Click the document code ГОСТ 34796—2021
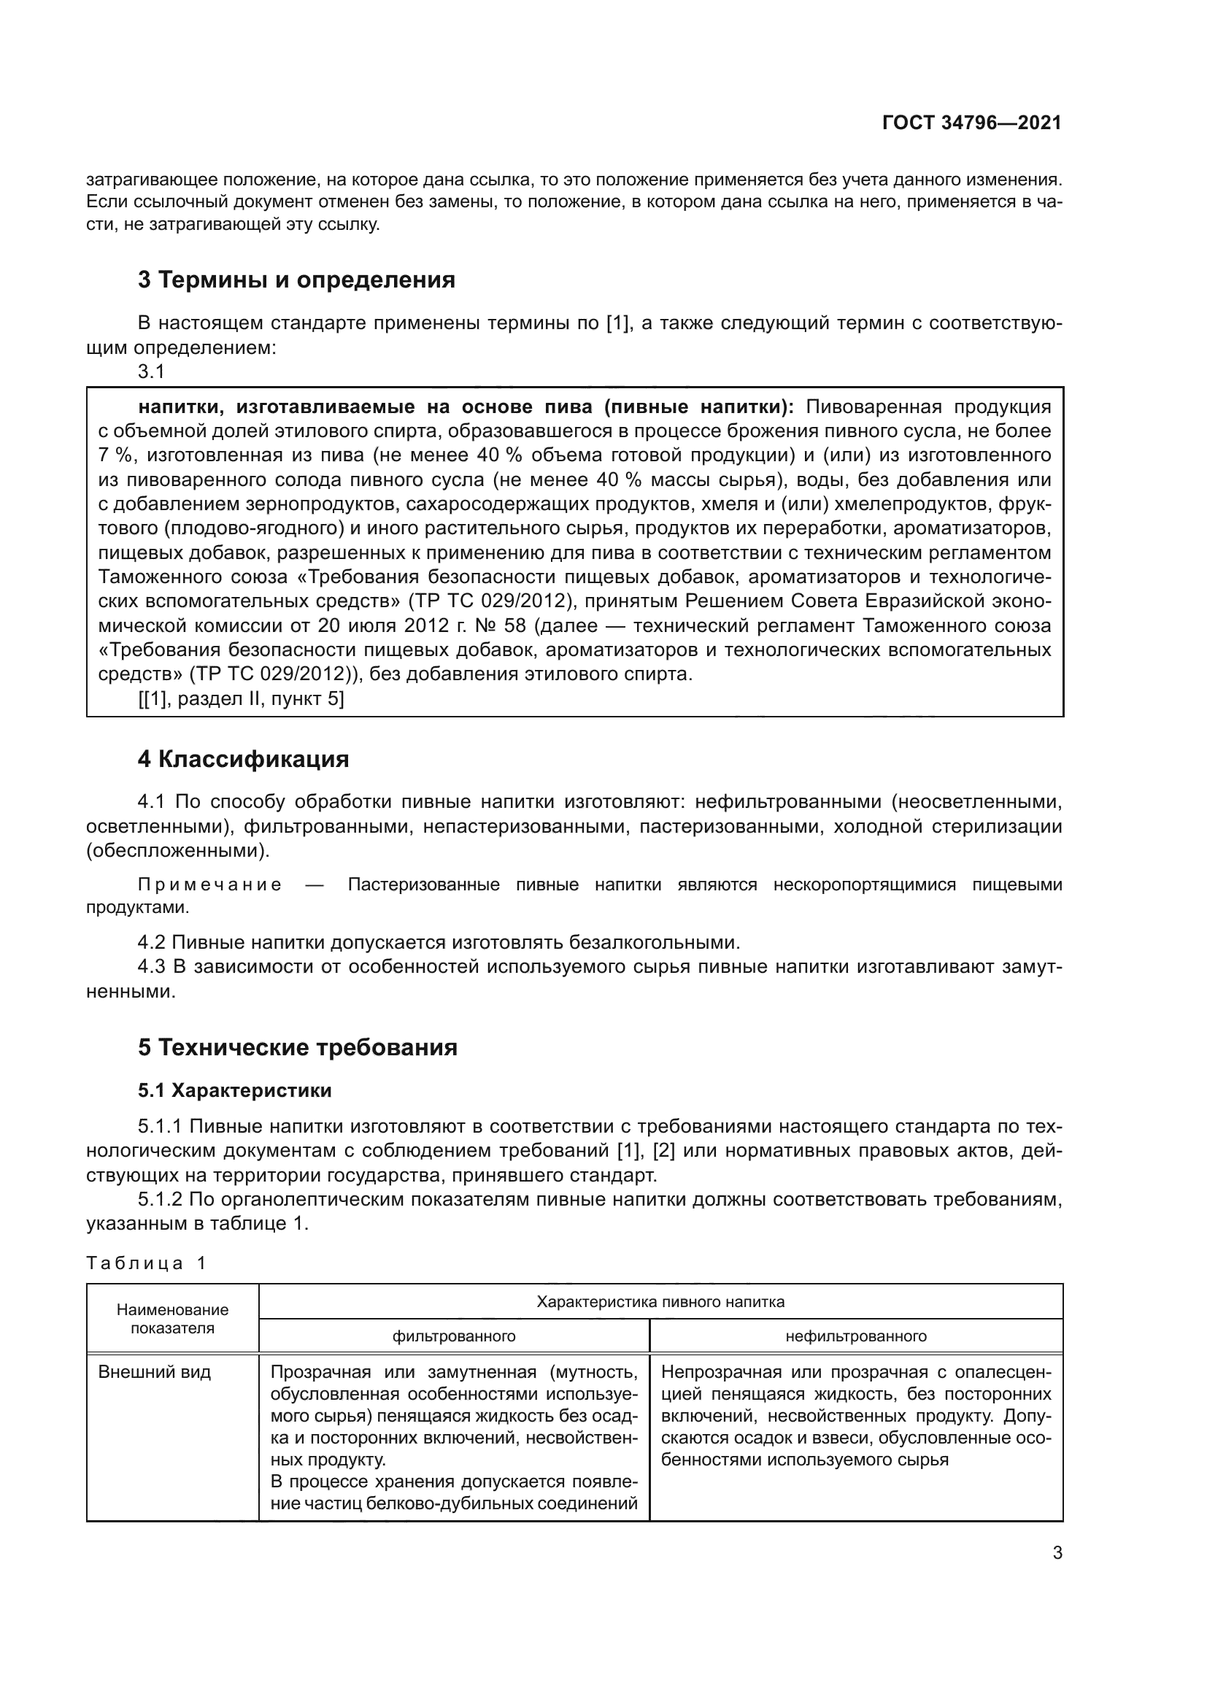point(971,123)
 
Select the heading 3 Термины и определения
point(296,280)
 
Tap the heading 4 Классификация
point(243,759)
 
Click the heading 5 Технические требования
point(297,1047)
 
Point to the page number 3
point(1057,1553)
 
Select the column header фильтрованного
point(453,1336)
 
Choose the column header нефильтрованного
point(855,1336)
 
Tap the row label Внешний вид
point(155,1372)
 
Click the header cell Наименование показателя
point(172,1319)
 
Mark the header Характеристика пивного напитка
point(660,1302)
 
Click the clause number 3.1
point(151,371)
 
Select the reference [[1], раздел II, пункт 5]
point(241,699)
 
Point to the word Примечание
point(209,885)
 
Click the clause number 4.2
point(152,943)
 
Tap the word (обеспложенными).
point(177,850)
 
